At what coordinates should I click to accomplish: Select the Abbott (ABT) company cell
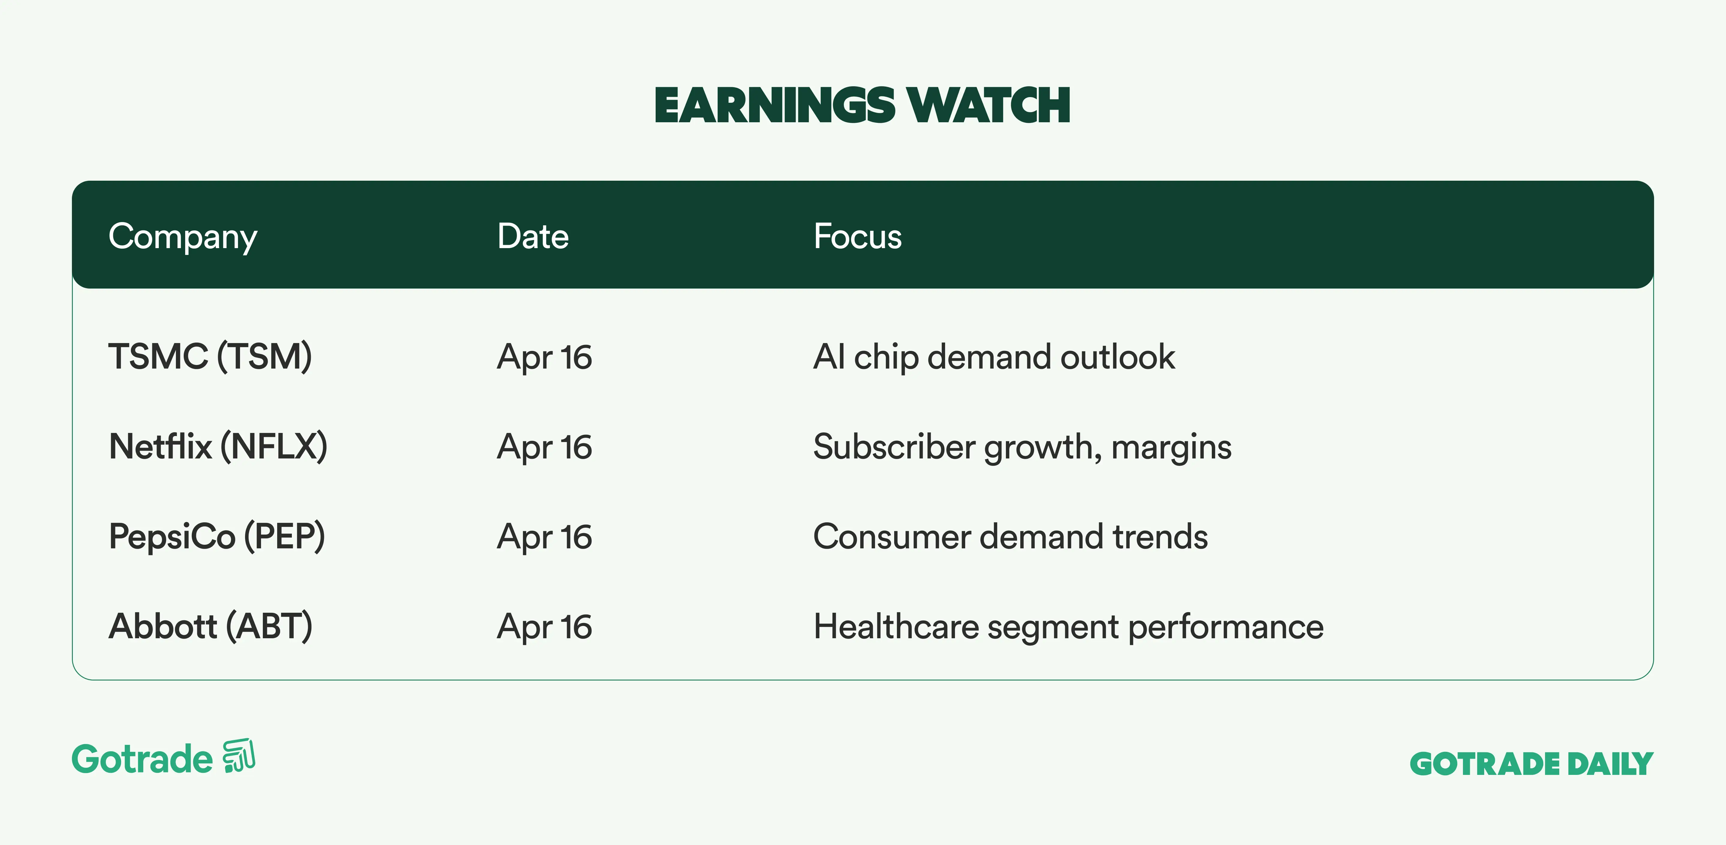(210, 627)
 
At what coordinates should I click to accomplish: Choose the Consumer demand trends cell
(1010, 537)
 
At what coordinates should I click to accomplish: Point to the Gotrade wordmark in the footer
(142, 759)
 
